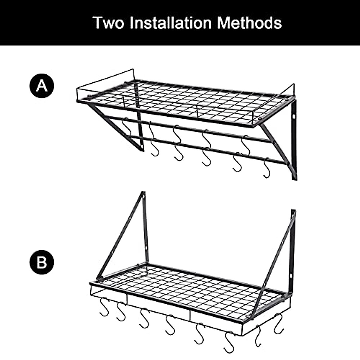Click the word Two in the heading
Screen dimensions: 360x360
[x=108, y=23]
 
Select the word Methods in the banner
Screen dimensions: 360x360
[x=249, y=23]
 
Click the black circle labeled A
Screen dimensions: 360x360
[x=42, y=86]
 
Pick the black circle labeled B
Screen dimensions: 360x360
[x=42, y=262]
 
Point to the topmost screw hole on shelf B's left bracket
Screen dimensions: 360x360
[x=143, y=197]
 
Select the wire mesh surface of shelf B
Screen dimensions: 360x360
[x=192, y=288]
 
